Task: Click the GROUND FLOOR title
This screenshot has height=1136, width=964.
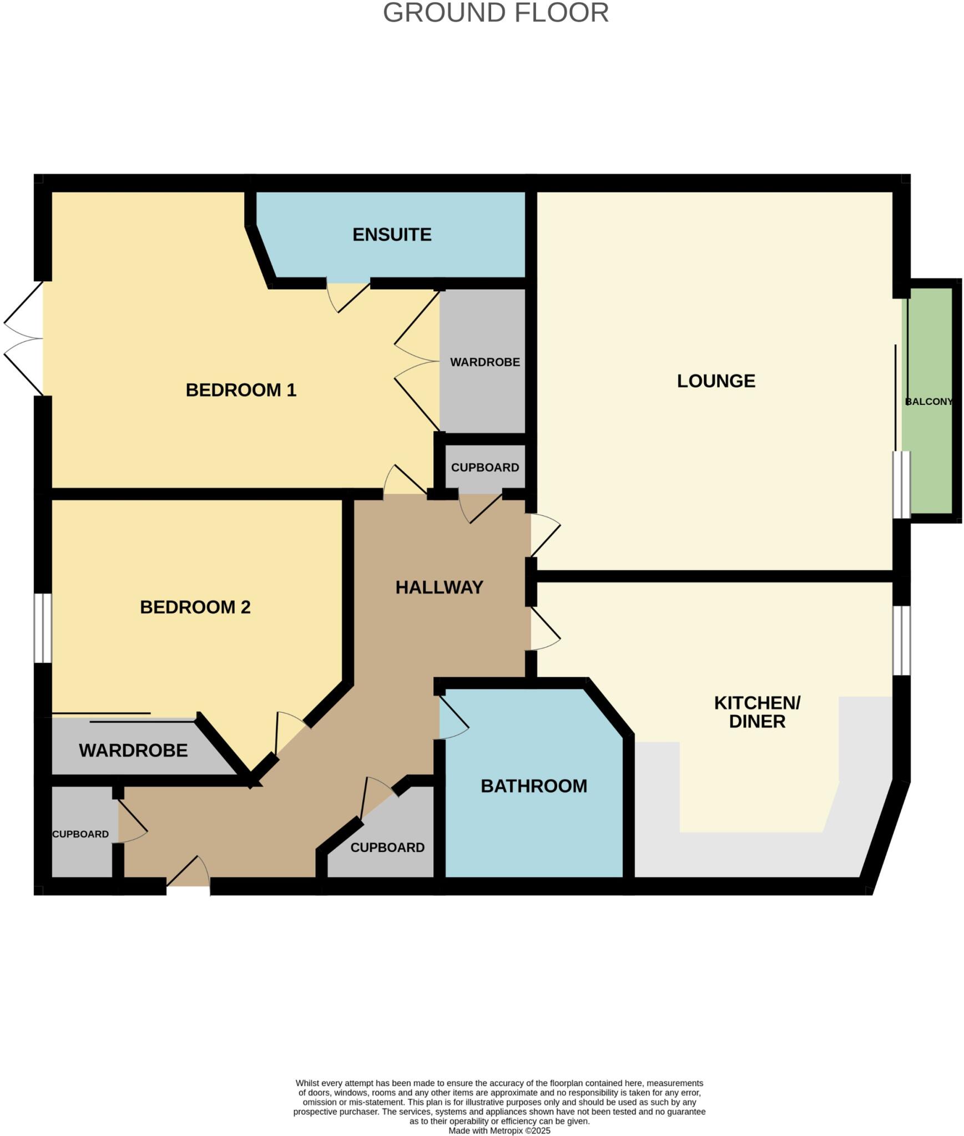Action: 496,13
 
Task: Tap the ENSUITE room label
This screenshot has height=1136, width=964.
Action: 392,235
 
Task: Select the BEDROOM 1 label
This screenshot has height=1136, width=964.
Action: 241,390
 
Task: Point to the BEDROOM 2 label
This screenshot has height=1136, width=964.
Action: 195,607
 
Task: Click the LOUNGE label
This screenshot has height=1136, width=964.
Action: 716,381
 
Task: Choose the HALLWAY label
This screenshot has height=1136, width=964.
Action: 439,587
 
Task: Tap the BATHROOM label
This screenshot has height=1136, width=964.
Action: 533,786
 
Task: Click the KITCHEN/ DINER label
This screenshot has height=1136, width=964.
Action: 757,712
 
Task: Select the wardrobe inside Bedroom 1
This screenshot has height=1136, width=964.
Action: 484,362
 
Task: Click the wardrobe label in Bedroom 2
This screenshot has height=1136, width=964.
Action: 133,750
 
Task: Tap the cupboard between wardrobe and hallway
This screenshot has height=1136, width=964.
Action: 484,467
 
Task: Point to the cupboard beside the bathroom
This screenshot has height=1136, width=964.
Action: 387,848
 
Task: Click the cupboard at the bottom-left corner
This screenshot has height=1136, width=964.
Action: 80,834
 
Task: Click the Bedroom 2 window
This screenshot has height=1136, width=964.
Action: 43,628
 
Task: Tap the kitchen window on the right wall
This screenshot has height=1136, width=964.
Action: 901,640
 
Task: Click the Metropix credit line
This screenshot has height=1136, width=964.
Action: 499,1130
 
